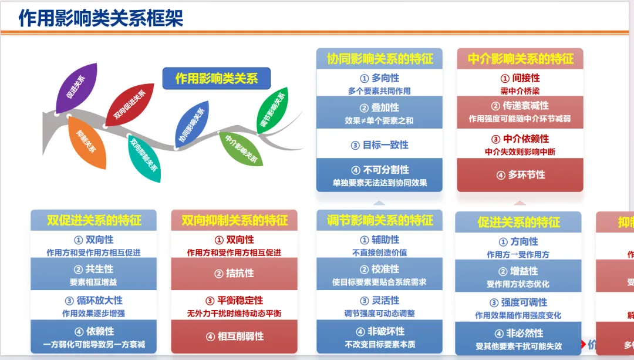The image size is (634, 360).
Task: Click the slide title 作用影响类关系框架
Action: point(101,18)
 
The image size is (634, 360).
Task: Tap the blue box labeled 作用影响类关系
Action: point(217,78)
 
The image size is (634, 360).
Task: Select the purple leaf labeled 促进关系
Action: point(77,88)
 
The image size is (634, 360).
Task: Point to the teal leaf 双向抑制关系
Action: point(144,155)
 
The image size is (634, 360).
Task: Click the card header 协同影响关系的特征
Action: point(379,59)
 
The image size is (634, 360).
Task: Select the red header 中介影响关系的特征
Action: point(520,59)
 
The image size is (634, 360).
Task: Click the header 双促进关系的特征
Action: point(94,220)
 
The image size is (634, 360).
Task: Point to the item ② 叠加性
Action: point(379,107)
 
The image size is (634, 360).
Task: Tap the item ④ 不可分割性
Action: point(379,170)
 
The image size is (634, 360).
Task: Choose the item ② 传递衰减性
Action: point(520,106)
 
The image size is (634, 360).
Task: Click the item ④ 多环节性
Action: point(520,174)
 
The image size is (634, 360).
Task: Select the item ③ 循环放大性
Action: point(94,301)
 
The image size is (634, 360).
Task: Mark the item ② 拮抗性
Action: point(234,273)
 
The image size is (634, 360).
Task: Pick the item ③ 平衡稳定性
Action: point(234,301)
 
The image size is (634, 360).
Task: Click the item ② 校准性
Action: point(379,269)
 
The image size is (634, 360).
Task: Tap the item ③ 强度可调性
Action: point(518,302)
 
